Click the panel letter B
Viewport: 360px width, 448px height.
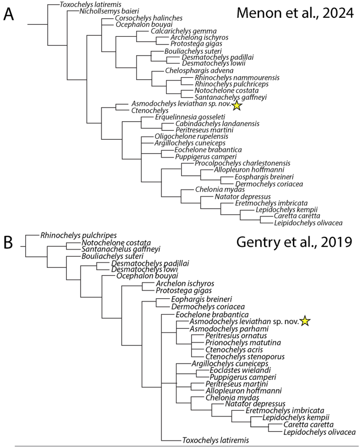click(x=8, y=243)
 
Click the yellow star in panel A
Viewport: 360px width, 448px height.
click(x=237, y=106)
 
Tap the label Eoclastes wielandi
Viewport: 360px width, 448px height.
click(x=231, y=370)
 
